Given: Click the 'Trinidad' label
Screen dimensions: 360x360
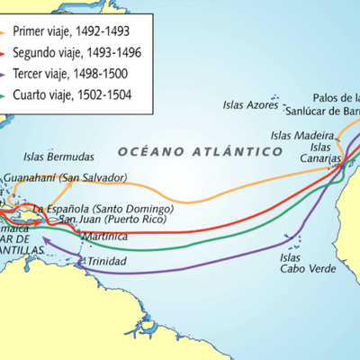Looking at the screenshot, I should pyautogui.click(x=108, y=262).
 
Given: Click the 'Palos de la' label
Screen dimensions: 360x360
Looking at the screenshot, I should pyautogui.click(x=336, y=97).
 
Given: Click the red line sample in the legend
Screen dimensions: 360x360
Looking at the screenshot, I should pyautogui.click(x=7, y=53).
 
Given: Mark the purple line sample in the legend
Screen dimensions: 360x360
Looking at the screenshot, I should pyautogui.click(x=7, y=74).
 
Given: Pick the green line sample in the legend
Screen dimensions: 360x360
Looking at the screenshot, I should pyautogui.click(x=7, y=94).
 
